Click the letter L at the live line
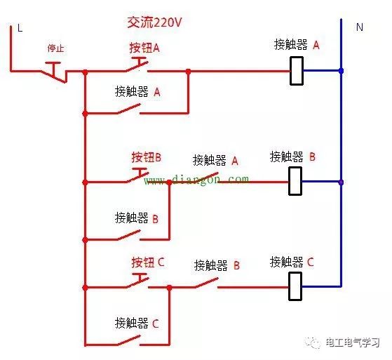pos(20,28)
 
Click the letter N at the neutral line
pos(360,27)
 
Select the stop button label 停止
pos(56,48)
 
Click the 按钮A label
pos(144,48)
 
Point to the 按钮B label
pos(146,157)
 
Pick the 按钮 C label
pos(147,262)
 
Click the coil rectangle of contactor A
pos(297,70)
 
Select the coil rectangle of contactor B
pos(295,181)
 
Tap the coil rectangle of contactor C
pos(295,286)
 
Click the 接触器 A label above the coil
pos(297,45)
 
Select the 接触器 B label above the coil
pos(292,156)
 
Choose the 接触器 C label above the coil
pos(292,262)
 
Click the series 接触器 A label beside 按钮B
pos(215,160)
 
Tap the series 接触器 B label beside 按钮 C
pos(217,265)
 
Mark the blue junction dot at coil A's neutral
pos(341,71)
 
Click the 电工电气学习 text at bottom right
pos(352,343)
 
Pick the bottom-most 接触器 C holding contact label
pos(137,324)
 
